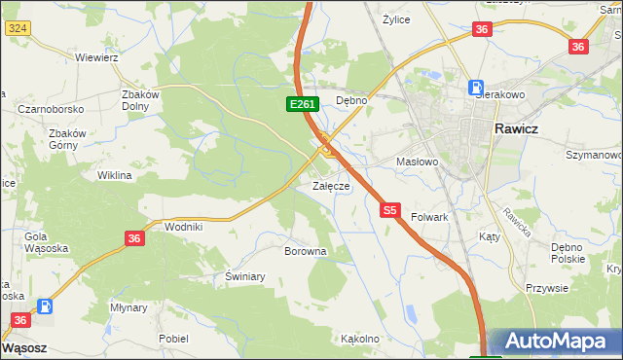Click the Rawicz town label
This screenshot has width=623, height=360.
click(524, 128)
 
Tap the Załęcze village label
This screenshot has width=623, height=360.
click(330, 186)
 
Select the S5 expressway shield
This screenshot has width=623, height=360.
click(390, 209)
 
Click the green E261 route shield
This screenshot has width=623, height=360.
click(301, 103)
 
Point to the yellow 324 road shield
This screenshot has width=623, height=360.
click(17, 29)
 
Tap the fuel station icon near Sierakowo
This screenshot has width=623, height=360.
click(477, 87)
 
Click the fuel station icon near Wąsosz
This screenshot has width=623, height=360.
click(45, 306)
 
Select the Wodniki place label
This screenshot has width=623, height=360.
click(183, 226)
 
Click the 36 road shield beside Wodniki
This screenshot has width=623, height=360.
click(135, 237)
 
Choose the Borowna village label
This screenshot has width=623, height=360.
click(305, 251)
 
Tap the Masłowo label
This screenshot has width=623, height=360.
click(419, 162)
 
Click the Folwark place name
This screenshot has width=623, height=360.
click(429, 217)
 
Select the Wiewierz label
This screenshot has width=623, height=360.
click(96, 57)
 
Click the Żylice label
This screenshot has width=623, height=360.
click(396, 18)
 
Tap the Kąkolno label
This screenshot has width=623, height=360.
click(359, 340)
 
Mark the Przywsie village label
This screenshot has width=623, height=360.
click(546, 288)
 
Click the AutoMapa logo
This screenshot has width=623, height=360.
click(554, 342)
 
